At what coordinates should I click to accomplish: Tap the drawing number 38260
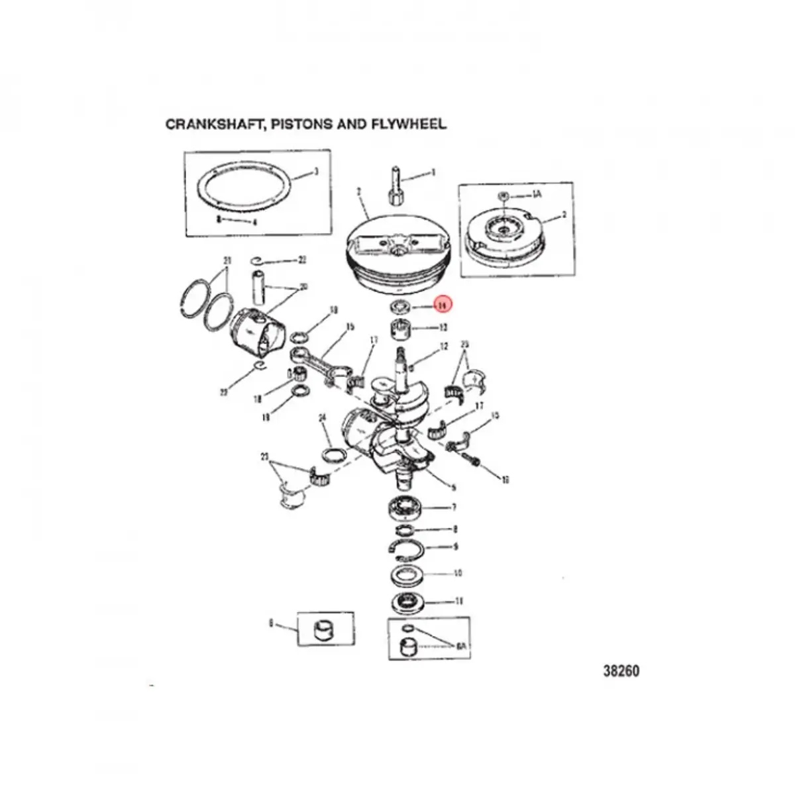coord(621,671)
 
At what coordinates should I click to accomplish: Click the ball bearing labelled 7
coord(407,507)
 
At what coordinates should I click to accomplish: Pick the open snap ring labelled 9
coord(405,547)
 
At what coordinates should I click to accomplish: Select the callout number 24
coord(323,418)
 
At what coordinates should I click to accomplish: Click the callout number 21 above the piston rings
coord(227,259)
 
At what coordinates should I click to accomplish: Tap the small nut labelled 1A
coord(503,195)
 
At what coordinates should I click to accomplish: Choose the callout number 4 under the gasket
coord(236,222)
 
